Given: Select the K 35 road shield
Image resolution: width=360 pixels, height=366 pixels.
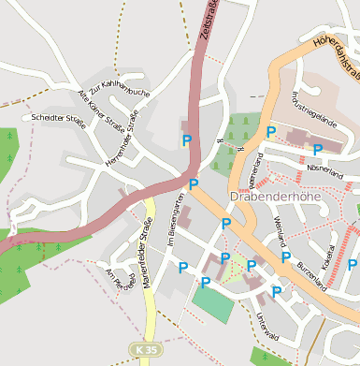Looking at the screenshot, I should (x=142, y=349).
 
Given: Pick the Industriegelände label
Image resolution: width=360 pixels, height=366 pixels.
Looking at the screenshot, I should (x=313, y=115).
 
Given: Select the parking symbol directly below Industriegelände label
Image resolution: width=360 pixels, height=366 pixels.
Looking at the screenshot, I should (x=318, y=149).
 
